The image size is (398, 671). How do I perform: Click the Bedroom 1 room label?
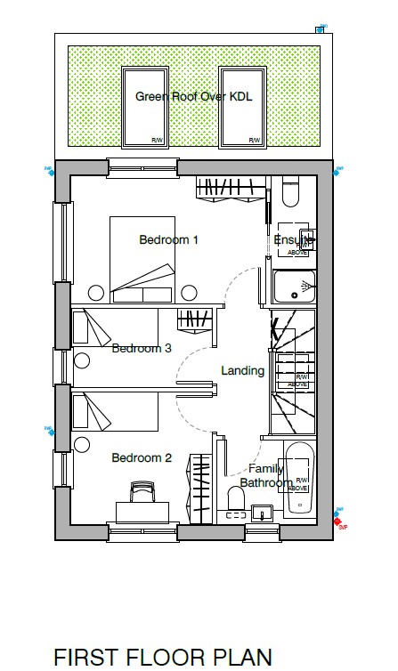(168, 239)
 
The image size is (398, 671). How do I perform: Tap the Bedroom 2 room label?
(142, 457)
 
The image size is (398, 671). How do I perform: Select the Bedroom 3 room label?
(142, 348)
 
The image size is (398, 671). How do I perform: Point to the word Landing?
(242, 370)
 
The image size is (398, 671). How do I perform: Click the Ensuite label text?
(293, 240)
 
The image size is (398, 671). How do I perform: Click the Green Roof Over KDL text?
(193, 96)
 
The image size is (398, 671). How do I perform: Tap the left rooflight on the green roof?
(144, 106)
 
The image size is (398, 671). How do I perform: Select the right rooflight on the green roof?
(241, 106)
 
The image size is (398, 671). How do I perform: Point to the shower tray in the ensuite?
(293, 287)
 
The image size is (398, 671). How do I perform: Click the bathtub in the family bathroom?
(300, 479)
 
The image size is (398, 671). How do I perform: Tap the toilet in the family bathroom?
(237, 500)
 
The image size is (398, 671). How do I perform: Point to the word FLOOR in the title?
(166, 657)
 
